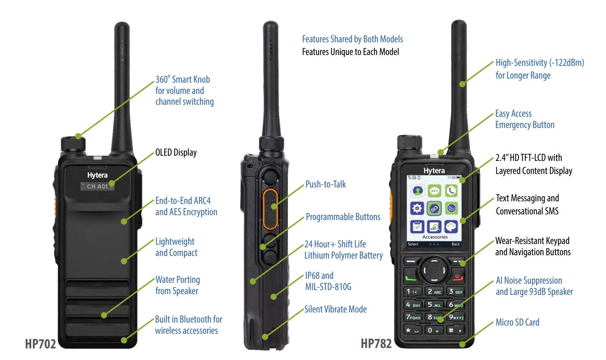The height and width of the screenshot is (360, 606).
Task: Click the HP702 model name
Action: tap(40, 344)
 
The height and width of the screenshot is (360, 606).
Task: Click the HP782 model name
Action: tap(376, 343)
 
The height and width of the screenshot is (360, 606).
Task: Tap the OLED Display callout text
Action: tap(176, 152)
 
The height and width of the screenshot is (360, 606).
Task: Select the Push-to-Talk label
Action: tap(325, 184)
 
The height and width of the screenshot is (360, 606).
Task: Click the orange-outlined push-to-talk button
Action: tap(270, 209)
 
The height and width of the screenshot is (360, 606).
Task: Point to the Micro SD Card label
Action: tap(517, 322)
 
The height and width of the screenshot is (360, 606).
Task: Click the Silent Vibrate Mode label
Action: tap(335, 309)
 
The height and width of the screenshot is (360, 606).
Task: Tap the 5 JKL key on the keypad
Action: tap(434, 305)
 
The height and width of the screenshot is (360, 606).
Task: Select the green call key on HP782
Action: tap(411, 278)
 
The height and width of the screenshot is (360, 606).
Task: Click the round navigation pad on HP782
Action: tap(434, 270)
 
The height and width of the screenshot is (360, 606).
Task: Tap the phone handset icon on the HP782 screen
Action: tap(452, 191)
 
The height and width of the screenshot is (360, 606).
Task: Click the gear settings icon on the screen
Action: tap(417, 208)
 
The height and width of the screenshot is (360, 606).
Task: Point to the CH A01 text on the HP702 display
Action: tap(97, 186)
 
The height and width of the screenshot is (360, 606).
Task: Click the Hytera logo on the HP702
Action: tap(97, 175)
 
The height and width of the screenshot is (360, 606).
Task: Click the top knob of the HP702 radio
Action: tap(73, 144)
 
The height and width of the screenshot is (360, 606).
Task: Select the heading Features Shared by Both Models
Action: tap(352, 39)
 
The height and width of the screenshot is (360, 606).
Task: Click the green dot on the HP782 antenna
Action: tap(462, 84)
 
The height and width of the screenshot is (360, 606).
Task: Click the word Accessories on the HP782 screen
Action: tap(435, 237)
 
